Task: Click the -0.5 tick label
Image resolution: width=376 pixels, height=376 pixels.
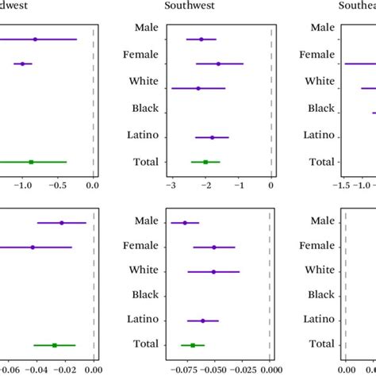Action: [57, 186]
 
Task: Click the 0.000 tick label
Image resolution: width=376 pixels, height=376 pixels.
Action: [271, 369]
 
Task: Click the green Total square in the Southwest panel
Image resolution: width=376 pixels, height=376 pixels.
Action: [205, 162]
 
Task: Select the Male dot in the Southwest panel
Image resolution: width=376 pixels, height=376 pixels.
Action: [201, 39]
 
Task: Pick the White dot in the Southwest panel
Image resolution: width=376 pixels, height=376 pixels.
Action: [198, 88]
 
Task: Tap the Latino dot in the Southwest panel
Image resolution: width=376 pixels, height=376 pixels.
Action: [212, 137]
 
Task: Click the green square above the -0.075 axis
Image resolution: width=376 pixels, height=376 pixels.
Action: [193, 345]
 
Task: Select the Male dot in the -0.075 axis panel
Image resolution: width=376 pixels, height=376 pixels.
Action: [185, 223]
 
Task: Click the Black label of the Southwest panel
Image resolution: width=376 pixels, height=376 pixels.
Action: [144, 109]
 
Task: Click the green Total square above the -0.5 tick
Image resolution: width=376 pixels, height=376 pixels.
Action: [31, 162]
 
